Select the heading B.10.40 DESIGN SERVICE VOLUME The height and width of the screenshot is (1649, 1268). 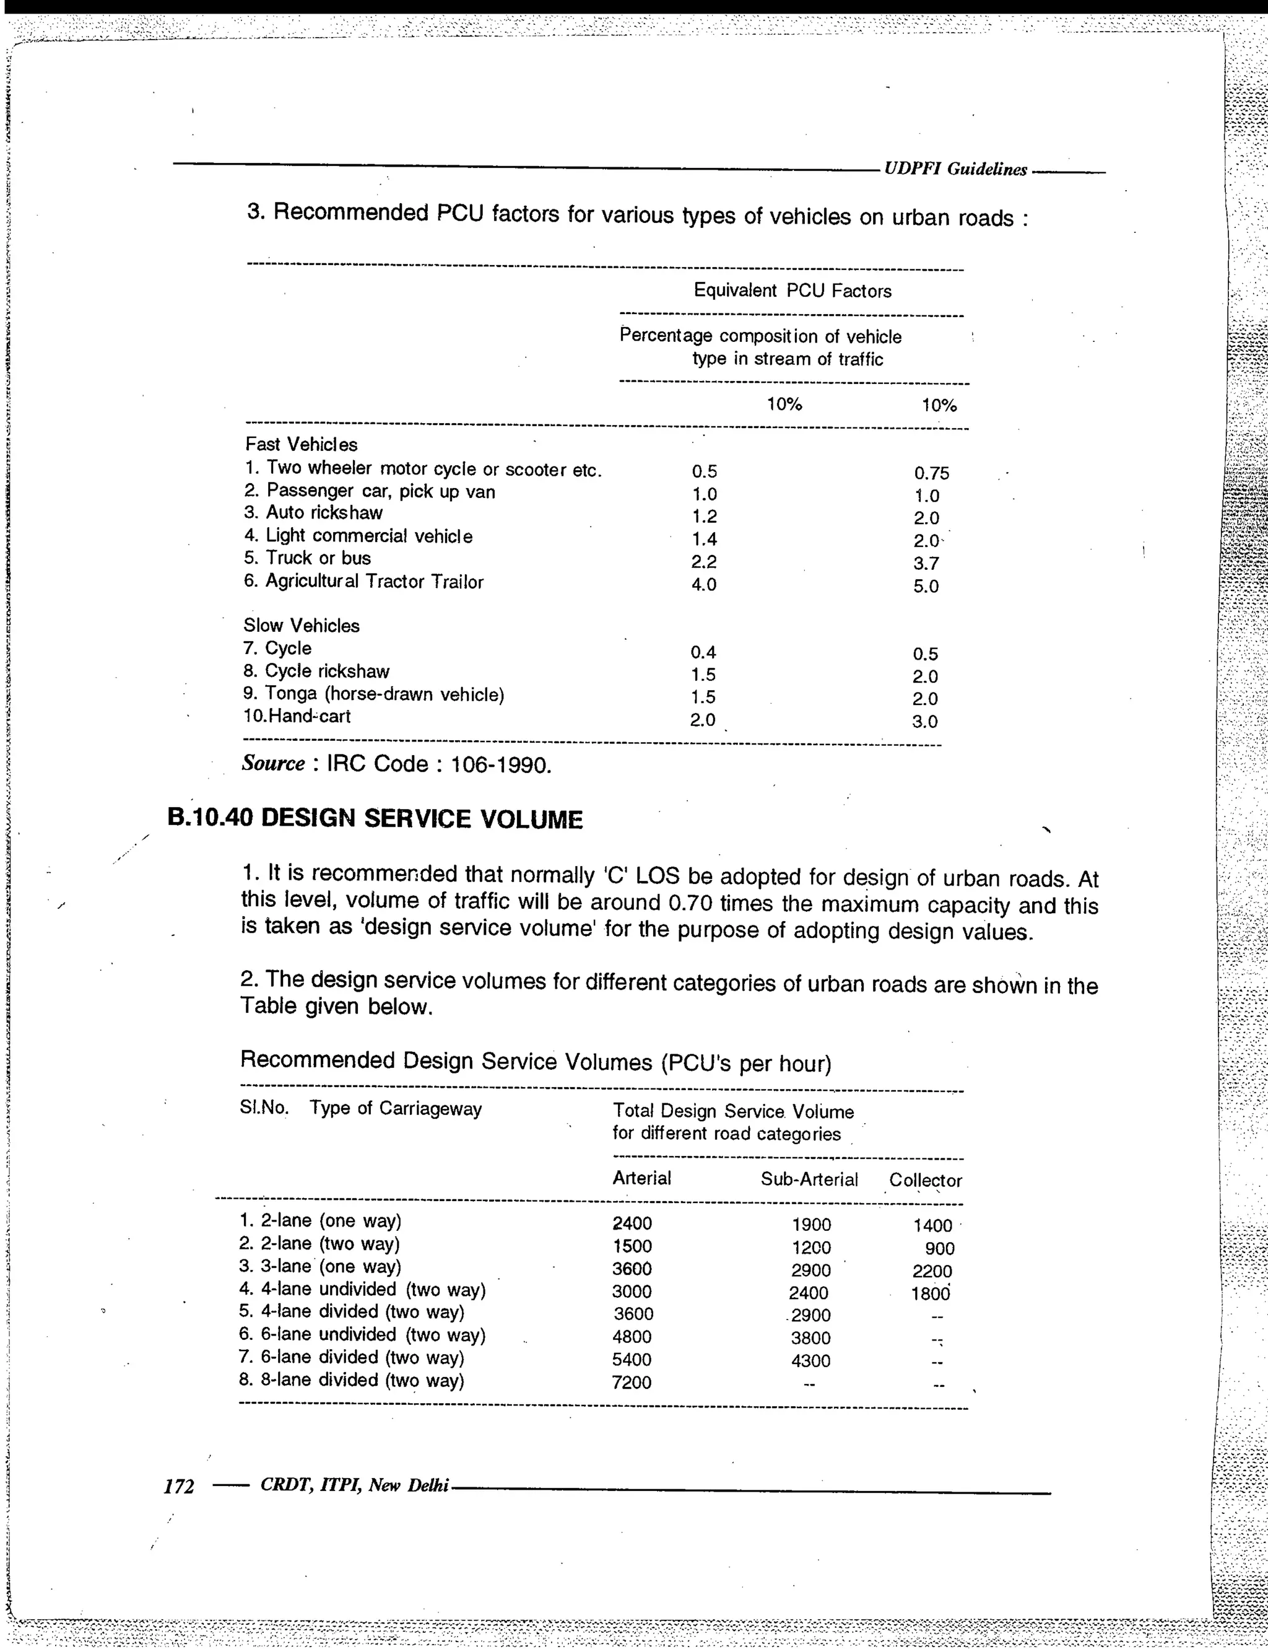tap(375, 819)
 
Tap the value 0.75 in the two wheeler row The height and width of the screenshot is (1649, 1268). tap(931, 473)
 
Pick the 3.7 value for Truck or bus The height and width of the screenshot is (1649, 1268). tap(926, 563)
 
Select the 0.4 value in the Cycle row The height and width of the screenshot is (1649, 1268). tap(703, 652)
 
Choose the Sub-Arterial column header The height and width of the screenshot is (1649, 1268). tap(809, 1179)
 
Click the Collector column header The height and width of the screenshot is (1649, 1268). tap(926, 1180)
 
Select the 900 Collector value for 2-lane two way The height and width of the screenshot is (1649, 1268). tap(940, 1249)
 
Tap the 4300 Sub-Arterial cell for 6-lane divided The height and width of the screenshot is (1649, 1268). tap(810, 1360)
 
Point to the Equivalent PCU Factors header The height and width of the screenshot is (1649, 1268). tap(792, 291)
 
